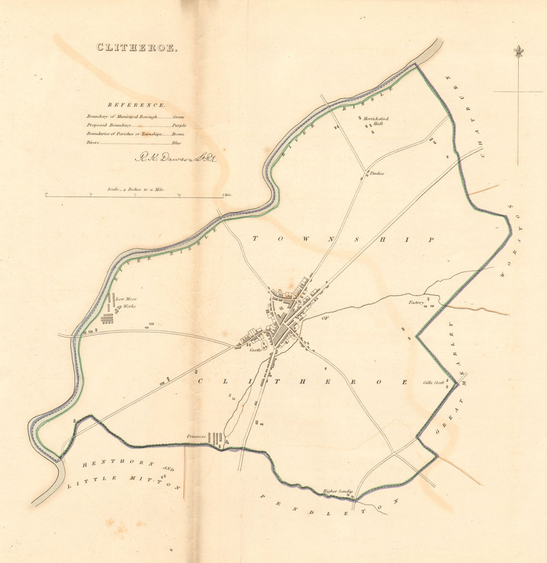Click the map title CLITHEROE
137,48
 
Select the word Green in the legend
178,117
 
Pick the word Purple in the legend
178,125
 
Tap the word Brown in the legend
178,134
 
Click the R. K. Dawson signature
176,159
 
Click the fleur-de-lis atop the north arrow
517,51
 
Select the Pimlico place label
377,173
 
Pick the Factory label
416,302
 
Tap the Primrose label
195,437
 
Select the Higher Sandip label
338,491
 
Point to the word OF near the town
326,317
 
